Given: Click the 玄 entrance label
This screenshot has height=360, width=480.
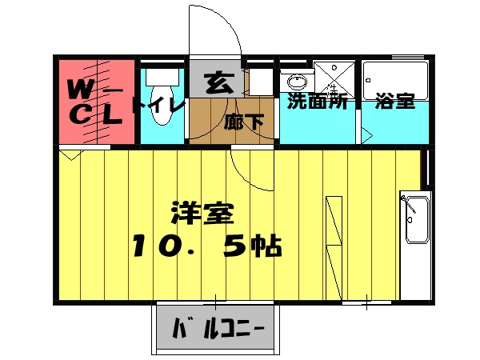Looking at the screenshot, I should coord(216,82).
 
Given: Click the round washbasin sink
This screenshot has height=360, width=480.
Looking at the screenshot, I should coord(297,81).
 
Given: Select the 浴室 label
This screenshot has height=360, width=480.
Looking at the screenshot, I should coord(394,102).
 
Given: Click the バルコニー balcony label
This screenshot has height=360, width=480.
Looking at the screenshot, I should coord(215,328).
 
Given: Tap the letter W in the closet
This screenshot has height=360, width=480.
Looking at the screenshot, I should coord(78,86).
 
